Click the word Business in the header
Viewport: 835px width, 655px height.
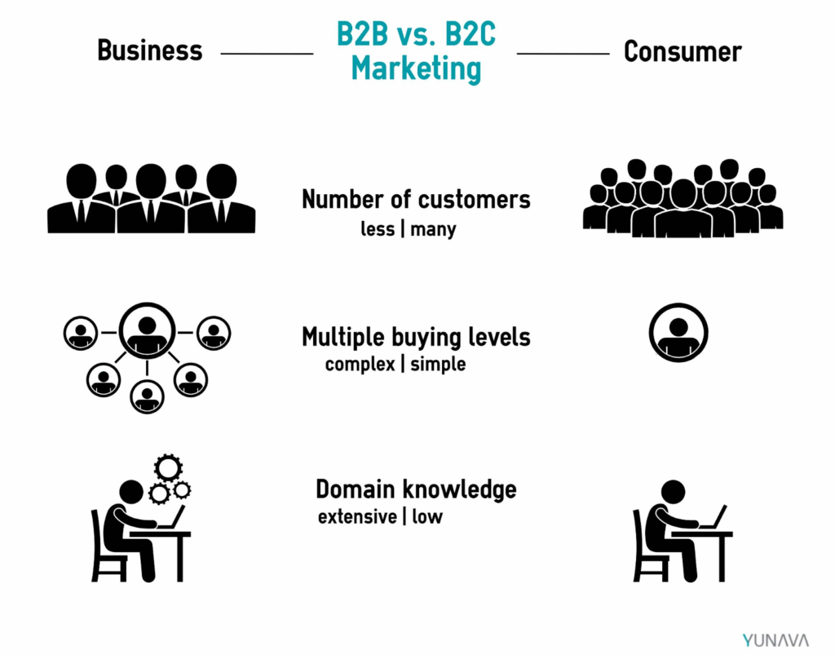pyautogui.click(x=150, y=51)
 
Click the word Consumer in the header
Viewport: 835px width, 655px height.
pyautogui.click(x=683, y=52)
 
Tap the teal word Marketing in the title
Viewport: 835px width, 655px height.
pyautogui.click(x=416, y=69)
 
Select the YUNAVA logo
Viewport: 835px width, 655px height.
pyautogui.click(x=775, y=640)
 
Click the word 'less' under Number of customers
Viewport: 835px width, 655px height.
pyautogui.click(x=378, y=229)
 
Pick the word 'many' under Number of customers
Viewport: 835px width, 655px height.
pyautogui.click(x=433, y=230)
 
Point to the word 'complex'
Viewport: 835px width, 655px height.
pyautogui.click(x=360, y=365)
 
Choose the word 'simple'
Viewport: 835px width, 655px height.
pyautogui.click(x=438, y=365)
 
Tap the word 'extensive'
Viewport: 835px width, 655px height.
pyautogui.click(x=357, y=516)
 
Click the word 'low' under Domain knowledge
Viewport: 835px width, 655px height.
pyautogui.click(x=427, y=516)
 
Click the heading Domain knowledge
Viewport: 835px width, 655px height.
pyautogui.click(x=416, y=489)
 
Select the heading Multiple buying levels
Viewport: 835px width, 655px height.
pyautogui.click(x=416, y=337)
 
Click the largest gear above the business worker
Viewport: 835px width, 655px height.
pyautogui.click(x=168, y=468)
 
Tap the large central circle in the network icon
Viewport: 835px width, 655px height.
pyautogui.click(x=147, y=331)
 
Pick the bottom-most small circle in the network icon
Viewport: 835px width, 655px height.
pyautogui.click(x=147, y=396)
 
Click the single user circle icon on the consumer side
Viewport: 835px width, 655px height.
pyautogui.click(x=678, y=333)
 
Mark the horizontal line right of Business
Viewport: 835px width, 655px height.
pyautogui.click(x=267, y=53)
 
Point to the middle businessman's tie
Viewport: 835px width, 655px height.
pyautogui.click(x=151, y=212)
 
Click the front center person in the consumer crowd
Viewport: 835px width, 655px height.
pyautogui.click(x=684, y=209)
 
